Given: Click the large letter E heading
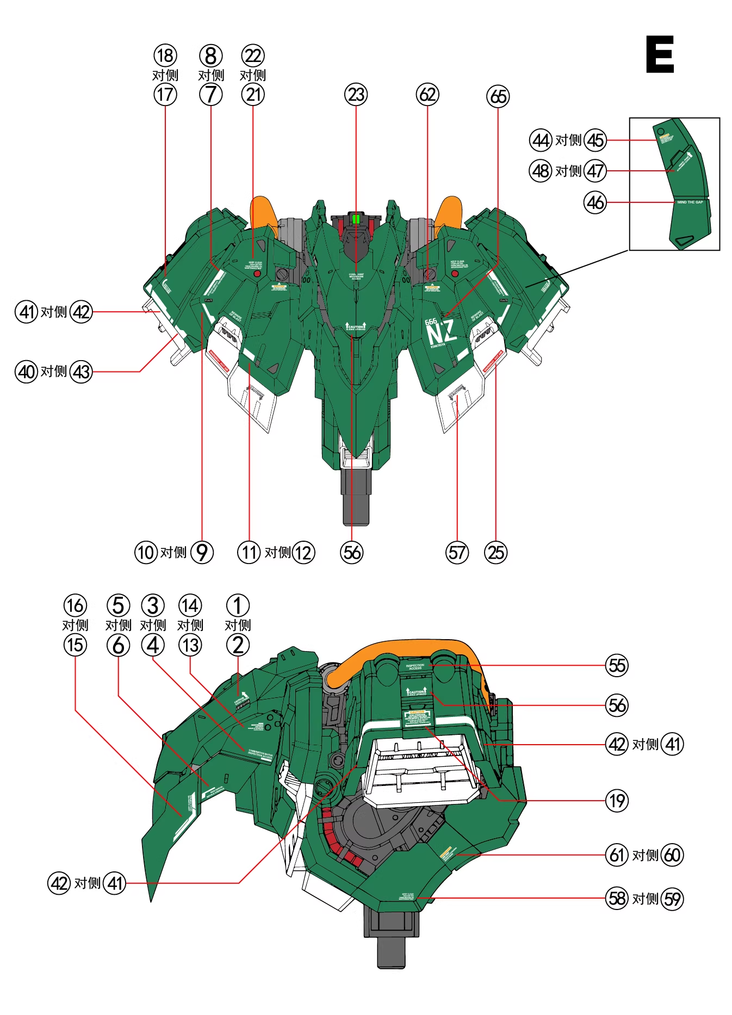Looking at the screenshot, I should (x=660, y=54).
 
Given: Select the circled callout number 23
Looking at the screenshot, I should (x=356, y=95).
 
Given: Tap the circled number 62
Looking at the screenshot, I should (x=427, y=95).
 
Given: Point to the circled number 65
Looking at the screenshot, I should (x=498, y=97).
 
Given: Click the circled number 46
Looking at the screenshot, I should (x=595, y=202).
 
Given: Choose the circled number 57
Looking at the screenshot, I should (x=457, y=553).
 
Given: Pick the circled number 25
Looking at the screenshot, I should (x=495, y=553).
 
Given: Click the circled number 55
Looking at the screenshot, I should (x=617, y=665).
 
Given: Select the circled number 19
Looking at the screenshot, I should (x=617, y=801).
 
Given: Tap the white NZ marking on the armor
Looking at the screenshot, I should (x=441, y=332).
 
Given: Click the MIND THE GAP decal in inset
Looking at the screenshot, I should (x=690, y=202).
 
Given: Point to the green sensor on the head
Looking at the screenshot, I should (x=356, y=219).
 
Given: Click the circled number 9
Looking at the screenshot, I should (x=202, y=553).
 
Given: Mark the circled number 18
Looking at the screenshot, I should (x=165, y=55).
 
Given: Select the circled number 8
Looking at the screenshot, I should (x=211, y=55).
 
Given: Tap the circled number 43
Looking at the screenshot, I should (x=82, y=372).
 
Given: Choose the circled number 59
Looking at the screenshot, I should (x=672, y=899).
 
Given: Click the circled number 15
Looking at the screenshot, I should (x=75, y=645).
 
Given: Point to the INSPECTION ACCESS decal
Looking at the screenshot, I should (x=415, y=666).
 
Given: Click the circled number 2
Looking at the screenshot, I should (x=238, y=645).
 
